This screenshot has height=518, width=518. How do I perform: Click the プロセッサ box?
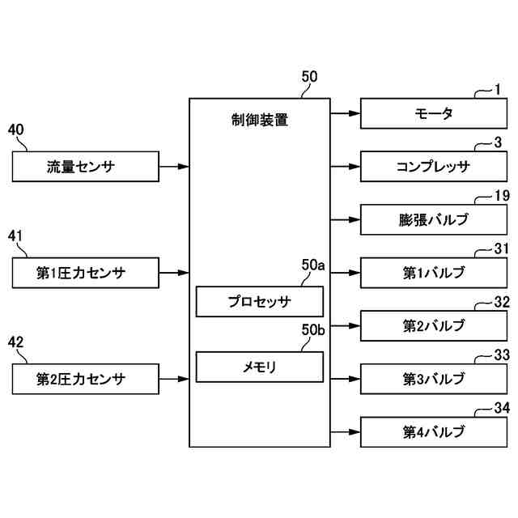pyautogui.click(x=260, y=302)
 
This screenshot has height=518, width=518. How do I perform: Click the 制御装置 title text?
pyautogui.click(x=260, y=121)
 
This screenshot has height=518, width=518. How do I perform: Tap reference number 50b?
pyautogui.click(x=312, y=329)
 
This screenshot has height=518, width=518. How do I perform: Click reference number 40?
pyautogui.click(x=15, y=129)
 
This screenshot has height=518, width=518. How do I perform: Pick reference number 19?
pyautogui.click(x=502, y=195)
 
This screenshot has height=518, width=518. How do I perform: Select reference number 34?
pyautogui.click(x=502, y=406)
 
